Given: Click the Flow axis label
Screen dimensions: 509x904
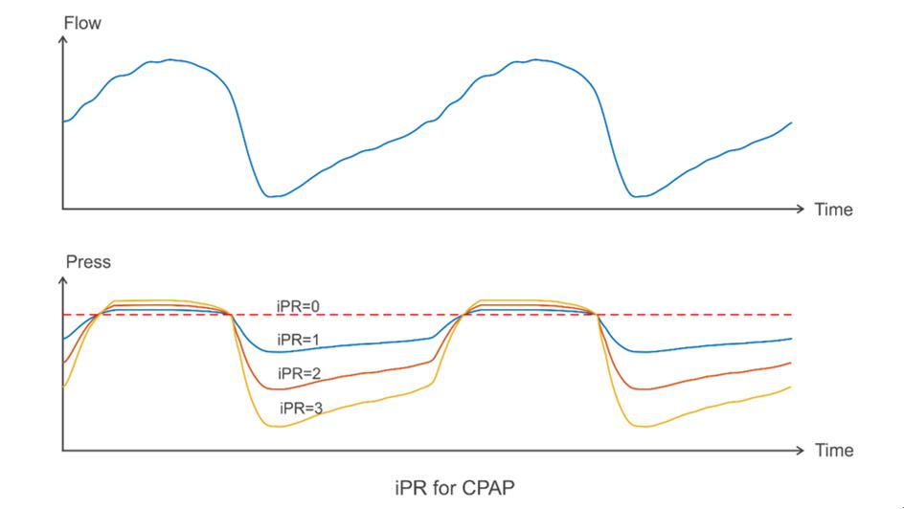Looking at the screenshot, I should click(x=82, y=22).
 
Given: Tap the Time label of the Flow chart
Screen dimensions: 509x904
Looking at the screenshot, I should click(x=833, y=210).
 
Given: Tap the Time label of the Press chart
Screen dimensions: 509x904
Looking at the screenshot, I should click(x=833, y=450).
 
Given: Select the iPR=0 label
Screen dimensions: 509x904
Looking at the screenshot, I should click(x=297, y=306).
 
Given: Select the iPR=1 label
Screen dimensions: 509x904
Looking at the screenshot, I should click(x=298, y=340).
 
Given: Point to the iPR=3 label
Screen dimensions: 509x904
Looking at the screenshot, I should click(x=301, y=408).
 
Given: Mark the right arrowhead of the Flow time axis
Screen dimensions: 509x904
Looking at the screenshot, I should click(x=802, y=208).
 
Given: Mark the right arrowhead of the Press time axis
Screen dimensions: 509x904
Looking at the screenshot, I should click(x=802, y=448).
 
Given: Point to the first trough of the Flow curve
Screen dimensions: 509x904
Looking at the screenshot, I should click(x=272, y=196).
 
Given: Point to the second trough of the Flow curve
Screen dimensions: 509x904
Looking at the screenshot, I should click(x=637, y=196).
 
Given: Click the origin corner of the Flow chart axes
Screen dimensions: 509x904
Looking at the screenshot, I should click(x=63, y=208).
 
